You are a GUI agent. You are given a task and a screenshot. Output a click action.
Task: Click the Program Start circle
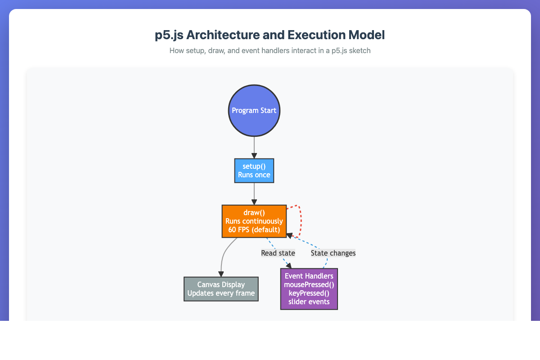[x=254, y=110]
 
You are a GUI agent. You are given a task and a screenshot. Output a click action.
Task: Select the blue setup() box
[x=254, y=171]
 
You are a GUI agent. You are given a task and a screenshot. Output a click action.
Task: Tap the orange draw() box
[x=254, y=221]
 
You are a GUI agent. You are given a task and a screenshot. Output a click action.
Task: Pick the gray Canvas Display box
[x=221, y=289]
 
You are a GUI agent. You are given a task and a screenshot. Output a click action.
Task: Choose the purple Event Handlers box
[x=309, y=289]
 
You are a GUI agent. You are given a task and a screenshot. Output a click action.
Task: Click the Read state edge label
[x=278, y=253]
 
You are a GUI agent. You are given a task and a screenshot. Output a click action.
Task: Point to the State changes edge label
[x=333, y=253]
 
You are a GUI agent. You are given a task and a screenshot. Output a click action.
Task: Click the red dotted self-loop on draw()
[x=300, y=220]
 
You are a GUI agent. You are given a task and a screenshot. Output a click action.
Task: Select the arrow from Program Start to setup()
[x=254, y=147]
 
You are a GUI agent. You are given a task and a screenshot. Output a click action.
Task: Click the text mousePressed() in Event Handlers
[x=309, y=285]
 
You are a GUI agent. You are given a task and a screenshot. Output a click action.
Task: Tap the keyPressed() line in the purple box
[x=309, y=293]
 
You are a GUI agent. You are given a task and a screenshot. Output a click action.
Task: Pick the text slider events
[x=309, y=301]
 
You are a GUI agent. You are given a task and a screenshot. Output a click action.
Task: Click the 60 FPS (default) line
[x=254, y=229]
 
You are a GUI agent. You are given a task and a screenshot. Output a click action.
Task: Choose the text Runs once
[x=254, y=175]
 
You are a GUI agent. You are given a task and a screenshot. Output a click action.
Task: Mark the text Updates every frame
[x=221, y=293]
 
